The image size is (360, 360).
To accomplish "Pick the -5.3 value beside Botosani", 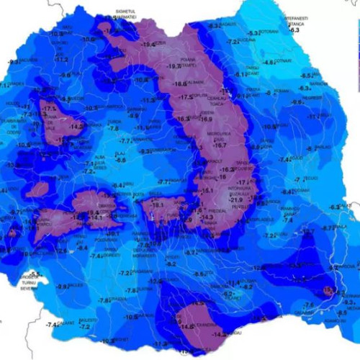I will pos(253,33).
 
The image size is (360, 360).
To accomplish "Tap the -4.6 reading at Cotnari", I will pos(269,62).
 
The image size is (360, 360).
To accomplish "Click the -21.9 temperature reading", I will pos(236,199).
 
